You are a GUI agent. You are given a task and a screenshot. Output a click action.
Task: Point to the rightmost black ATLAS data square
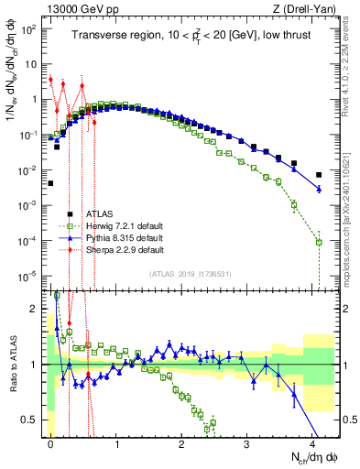(319, 175)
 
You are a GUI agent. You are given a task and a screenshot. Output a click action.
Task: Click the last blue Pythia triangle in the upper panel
(319, 189)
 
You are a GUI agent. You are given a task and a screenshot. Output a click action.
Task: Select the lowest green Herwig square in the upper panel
(319, 242)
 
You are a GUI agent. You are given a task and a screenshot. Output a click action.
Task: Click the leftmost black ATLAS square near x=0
(51, 183)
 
